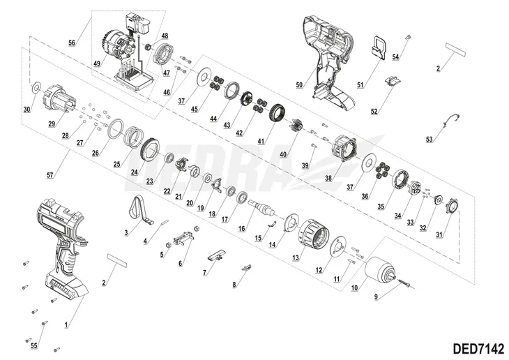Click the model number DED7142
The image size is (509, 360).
[478, 349]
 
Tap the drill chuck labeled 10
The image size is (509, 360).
[380, 269]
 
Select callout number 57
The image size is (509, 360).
[50, 175]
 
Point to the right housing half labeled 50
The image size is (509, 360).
[328, 61]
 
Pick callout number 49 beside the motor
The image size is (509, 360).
[97, 63]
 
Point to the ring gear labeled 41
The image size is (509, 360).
[278, 114]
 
